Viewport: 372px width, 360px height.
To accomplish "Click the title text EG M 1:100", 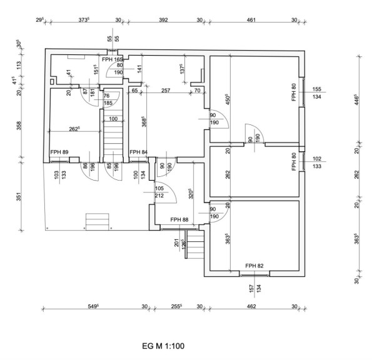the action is click(x=163, y=346).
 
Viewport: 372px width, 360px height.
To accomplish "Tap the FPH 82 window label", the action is click(x=254, y=266).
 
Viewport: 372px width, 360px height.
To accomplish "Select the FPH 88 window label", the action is click(x=179, y=220).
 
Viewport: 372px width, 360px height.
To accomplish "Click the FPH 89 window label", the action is click(x=59, y=152).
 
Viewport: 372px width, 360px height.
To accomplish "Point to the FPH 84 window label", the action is click(x=139, y=152).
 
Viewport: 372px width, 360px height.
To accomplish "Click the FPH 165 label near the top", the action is click(x=113, y=59).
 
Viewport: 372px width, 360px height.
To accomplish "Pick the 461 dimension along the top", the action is click(x=251, y=19).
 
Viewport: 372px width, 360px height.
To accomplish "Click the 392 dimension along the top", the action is click(x=163, y=19).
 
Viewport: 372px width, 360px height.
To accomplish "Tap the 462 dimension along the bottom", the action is click(x=251, y=306).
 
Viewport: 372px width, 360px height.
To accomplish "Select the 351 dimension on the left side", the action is click(x=19, y=196).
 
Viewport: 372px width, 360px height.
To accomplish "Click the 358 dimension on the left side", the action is click(x=19, y=126).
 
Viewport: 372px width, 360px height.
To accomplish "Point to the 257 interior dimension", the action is click(x=166, y=91).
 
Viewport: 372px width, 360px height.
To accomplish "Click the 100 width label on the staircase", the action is click(x=113, y=119).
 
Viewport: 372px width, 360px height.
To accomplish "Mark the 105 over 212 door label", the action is click(x=159, y=192).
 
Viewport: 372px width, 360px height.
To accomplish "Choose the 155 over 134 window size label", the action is click(x=317, y=92).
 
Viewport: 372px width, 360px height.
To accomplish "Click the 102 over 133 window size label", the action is click(x=317, y=162).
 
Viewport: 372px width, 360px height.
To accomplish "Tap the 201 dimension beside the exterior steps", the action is click(x=177, y=242).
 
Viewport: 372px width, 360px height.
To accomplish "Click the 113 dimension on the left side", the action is click(x=19, y=65).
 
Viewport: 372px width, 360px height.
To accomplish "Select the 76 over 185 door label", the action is click(x=108, y=99).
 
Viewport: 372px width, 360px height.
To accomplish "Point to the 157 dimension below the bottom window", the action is click(x=252, y=288).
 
